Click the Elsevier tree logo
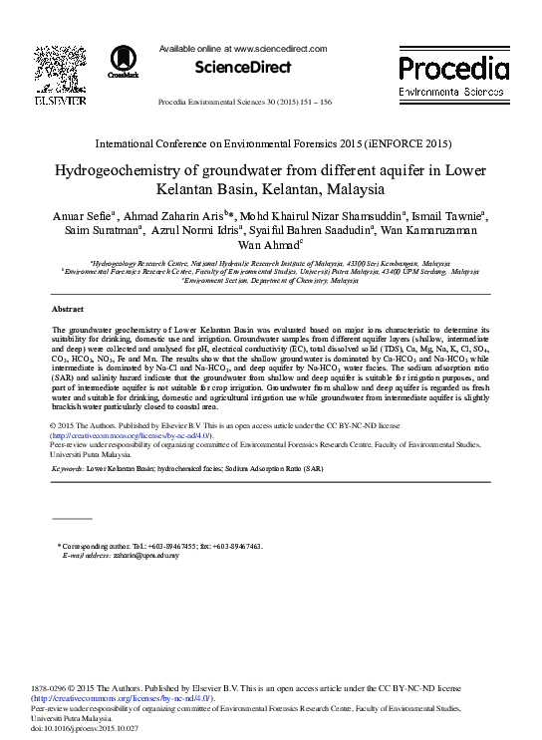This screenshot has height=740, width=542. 54,68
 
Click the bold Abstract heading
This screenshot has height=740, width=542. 67,311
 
